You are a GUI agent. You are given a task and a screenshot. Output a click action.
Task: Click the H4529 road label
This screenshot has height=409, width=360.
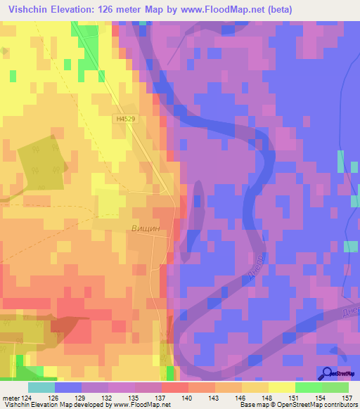pyautogui.click(x=126, y=120)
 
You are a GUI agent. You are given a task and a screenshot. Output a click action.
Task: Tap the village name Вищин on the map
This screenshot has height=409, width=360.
pyautogui.click(x=146, y=228)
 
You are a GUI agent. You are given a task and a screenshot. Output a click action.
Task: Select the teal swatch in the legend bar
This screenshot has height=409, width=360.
pyautogui.click(x=41, y=387)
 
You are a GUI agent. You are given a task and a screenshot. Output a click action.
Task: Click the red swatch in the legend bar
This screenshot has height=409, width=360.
pyautogui.click(x=175, y=387)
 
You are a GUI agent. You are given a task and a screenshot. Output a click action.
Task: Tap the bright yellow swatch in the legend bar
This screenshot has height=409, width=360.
pyautogui.click(x=282, y=387)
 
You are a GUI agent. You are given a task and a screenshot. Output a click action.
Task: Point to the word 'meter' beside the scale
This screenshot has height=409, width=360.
pyautogui.click(x=10, y=398)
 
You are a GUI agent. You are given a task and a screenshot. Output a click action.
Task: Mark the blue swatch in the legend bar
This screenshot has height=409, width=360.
pyautogui.click(x=68, y=387)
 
